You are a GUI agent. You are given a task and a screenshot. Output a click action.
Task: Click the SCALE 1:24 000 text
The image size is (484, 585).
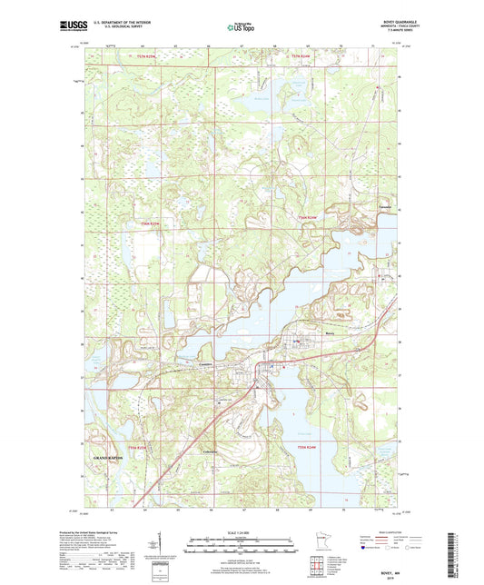242,531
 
